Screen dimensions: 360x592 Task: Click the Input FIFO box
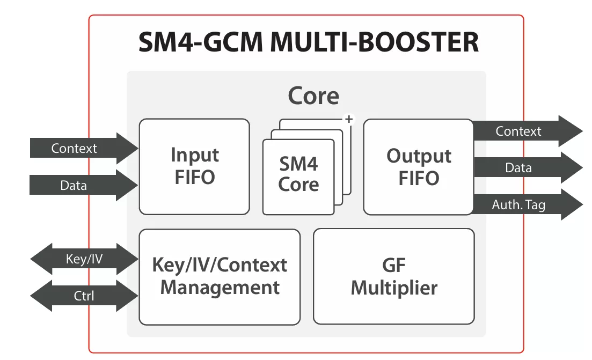click(194, 166)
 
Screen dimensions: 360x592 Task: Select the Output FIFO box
click(418, 167)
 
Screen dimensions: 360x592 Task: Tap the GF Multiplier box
click(393, 277)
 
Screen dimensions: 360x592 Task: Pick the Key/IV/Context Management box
click(220, 277)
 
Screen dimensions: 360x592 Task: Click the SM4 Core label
click(298, 174)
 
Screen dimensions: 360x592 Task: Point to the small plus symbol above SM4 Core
click(349, 119)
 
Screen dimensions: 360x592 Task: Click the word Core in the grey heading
click(313, 96)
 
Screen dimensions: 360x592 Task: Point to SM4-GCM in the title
click(200, 43)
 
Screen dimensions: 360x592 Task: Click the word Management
click(220, 288)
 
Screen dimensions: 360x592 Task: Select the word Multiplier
click(394, 288)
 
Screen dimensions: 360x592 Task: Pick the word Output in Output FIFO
click(419, 156)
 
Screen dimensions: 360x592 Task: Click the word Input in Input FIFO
click(195, 155)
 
